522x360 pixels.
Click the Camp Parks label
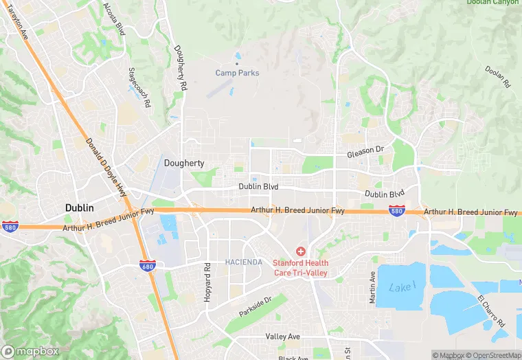tap(237, 73)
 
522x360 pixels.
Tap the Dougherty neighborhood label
tap(184, 163)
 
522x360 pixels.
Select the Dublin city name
tap(80, 207)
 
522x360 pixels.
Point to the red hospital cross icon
tap(301, 251)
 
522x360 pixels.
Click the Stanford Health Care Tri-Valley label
tap(301, 268)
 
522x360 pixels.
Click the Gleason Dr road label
tap(365, 149)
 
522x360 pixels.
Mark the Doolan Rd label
tap(498, 76)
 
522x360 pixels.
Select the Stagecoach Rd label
tap(139, 87)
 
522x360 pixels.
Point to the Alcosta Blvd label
tap(114, 18)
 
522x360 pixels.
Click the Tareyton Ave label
tap(18, 24)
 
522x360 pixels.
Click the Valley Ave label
tap(283, 337)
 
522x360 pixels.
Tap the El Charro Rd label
tap(491, 311)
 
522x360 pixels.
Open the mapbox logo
tap(30, 351)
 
